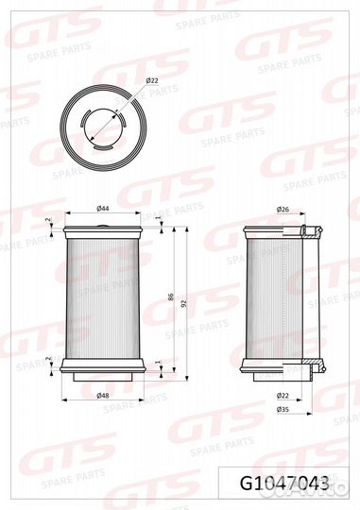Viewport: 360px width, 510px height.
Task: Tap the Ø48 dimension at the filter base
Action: (x=102, y=395)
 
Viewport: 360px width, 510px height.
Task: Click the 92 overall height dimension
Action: (x=185, y=303)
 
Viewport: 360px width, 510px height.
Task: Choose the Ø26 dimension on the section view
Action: (x=283, y=208)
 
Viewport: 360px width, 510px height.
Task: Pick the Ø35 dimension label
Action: (x=283, y=409)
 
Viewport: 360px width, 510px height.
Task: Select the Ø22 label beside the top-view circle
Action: (x=152, y=83)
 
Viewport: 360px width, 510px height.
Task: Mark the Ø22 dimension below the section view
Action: (x=283, y=395)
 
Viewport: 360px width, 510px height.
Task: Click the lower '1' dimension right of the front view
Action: (x=158, y=363)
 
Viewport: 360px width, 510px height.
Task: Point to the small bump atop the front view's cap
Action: (x=103, y=220)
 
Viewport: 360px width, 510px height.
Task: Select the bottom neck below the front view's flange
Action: (x=103, y=382)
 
